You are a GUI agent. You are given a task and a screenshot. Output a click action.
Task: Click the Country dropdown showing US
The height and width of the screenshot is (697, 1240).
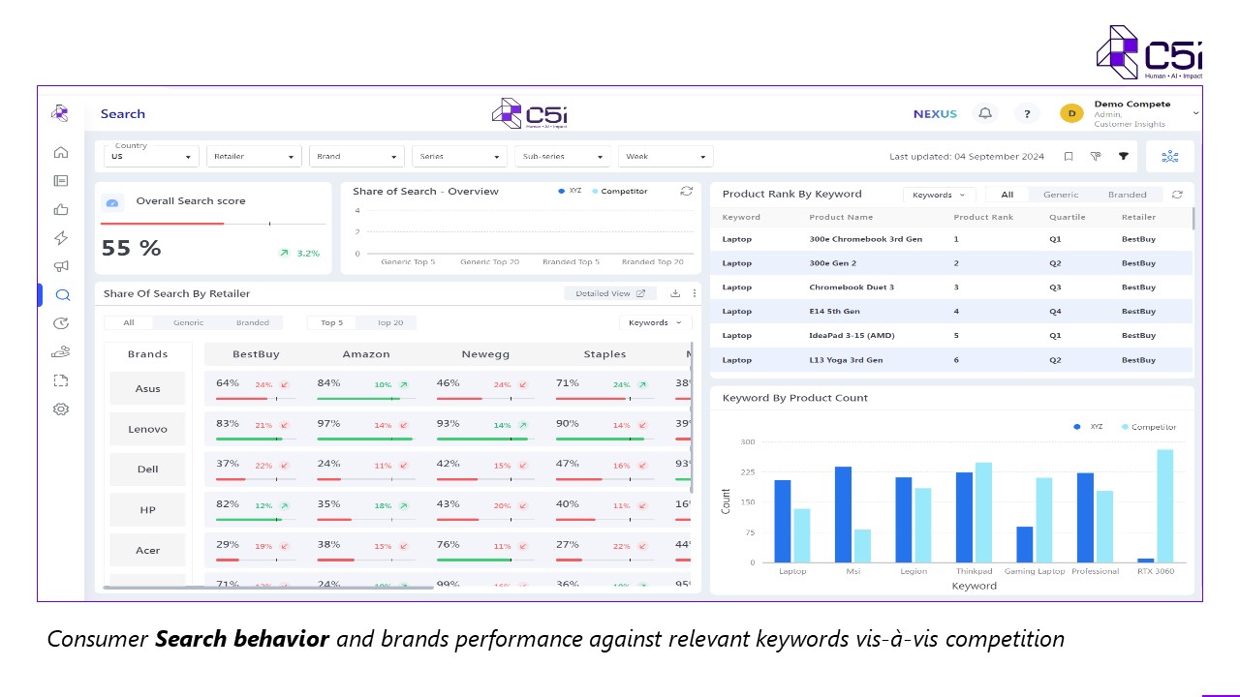(x=151, y=157)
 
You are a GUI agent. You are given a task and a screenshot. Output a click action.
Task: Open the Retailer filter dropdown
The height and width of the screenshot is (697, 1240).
(x=253, y=157)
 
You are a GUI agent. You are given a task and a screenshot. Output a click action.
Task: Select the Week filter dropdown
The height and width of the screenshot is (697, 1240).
(x=667, y=157)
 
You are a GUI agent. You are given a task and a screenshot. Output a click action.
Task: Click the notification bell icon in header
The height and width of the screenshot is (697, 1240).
(x=985, y=113)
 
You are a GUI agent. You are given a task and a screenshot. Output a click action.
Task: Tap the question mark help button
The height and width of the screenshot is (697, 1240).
(x=1027, y=113)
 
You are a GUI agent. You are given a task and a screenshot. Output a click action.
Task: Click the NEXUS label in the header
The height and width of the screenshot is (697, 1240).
(x=935, y=114)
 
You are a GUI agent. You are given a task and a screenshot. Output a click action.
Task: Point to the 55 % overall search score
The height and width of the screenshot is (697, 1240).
(x=132, y=249)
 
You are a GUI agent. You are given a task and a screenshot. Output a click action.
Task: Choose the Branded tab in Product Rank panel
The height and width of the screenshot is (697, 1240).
(x=1127, y=195)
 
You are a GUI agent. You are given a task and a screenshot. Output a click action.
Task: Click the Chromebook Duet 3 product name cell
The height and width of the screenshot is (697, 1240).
(x=852, y=288)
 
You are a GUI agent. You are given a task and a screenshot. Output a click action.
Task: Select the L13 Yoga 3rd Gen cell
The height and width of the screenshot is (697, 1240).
(x=846, y=360)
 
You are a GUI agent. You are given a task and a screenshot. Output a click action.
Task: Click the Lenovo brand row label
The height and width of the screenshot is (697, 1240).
(x=147, y=429)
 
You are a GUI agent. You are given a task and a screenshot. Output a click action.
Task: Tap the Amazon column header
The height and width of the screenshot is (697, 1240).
(x=366, y=354)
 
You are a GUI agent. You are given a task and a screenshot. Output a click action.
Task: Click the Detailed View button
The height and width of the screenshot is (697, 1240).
(x=609, y=293)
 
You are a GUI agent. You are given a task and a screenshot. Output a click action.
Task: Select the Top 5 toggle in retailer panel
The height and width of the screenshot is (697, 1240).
(x=332, y=322)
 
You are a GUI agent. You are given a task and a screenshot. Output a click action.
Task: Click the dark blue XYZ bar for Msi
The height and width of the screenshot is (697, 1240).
(x=843, y=514)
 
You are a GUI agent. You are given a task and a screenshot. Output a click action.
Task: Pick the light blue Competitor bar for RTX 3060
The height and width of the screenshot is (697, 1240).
(x=1164, y=505)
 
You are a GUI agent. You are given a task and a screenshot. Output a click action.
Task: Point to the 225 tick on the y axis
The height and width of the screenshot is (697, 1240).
(x=747, y=472)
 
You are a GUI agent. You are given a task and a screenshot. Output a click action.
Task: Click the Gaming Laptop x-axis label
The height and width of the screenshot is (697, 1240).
(x=1035, y=571)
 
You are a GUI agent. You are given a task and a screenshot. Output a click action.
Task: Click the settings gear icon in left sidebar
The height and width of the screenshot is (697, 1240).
(x=61, y=409)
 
